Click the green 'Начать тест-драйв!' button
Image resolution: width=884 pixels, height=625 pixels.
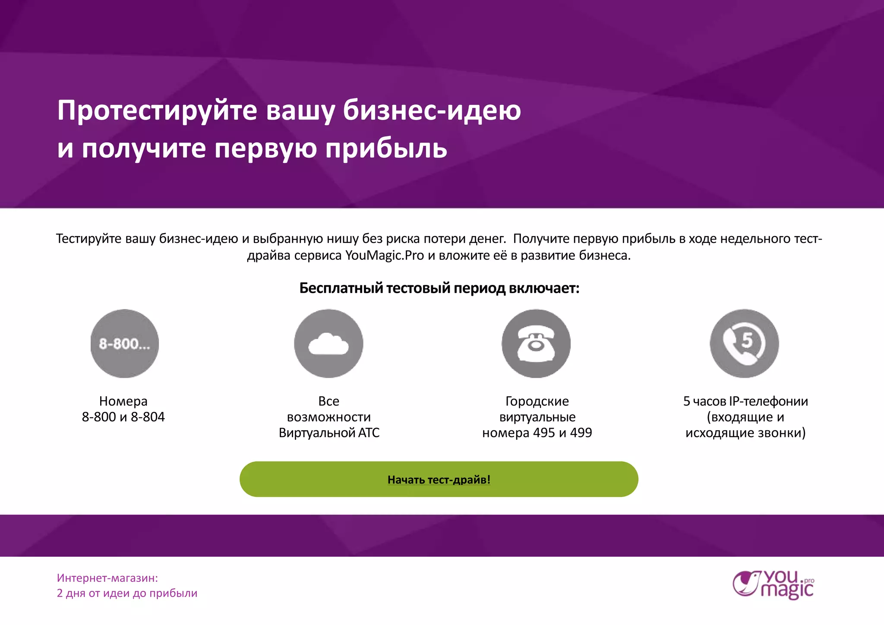pyautogui.click(x=439, y=479)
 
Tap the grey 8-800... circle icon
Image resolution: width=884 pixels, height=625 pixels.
pyautogui.click(x=125, y=344)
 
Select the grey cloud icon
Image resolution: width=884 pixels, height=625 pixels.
pyautogui.click(x=328, y=344)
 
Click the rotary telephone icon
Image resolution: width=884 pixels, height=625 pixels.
pyautogui.click(x=536, y=344)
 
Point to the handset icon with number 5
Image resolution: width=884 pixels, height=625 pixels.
pyautogui.click(x=744, y=344)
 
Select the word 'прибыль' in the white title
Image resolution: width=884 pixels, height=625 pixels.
pyautogui.click(x=386, y=148)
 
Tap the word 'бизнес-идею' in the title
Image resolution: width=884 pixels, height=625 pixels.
pyautogui.click(x=432, y=110)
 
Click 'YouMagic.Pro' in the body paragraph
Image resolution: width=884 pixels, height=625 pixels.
pyautogui.click(x=385, y=256)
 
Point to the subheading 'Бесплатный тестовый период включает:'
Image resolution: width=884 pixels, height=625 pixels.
pyautogui.click(x=439, y=288)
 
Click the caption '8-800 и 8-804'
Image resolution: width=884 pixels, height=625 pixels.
pyautogui.click(x=123, y=417)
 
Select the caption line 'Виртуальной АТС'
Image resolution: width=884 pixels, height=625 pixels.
pyautogui.click(x=329, y=432)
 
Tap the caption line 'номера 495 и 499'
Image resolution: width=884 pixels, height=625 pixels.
pyautogui.click(x=537, y=432)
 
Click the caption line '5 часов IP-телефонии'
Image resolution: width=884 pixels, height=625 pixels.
pyautogui.click(x=745, y=401)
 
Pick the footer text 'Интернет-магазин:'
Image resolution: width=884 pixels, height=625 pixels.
pyautogui.click(x=107, y=578)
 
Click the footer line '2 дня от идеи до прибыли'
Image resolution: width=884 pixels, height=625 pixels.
pyautogui.click(x=127, y=593)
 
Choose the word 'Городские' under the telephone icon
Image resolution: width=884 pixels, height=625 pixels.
pyautogui.click(x=537, y=401)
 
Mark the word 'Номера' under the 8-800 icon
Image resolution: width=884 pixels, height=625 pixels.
pyautogui.click(x=123, y=401)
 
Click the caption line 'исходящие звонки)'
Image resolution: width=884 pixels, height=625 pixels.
pyautogui.click(x=745, y=432)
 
